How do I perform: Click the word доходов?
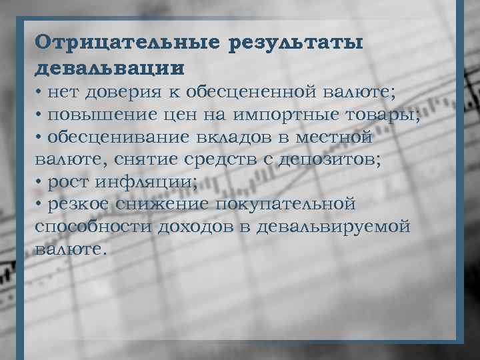199,227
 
